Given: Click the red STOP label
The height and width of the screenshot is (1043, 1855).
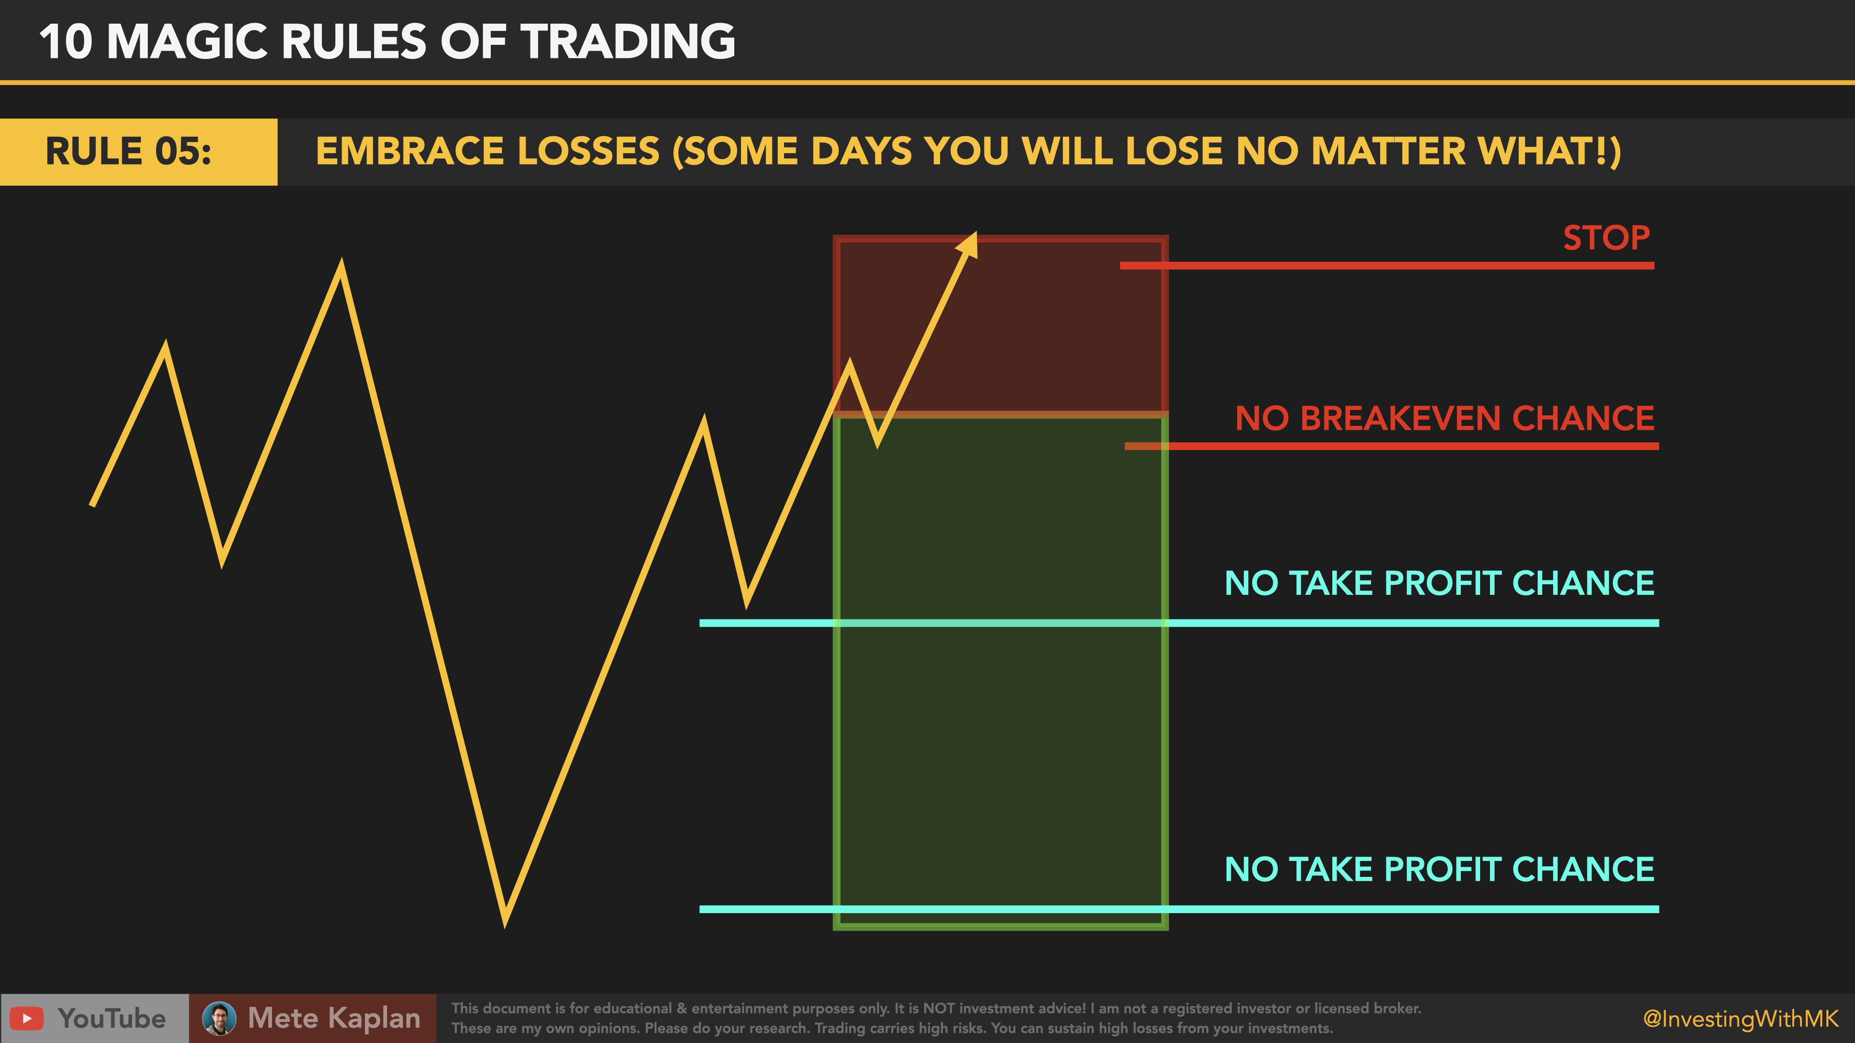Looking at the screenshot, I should (x=1606, y=238).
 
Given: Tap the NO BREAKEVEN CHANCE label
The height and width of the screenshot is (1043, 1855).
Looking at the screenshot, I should (x=1444, y=418).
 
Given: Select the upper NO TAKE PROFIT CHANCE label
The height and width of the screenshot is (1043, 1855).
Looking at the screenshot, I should (x=1439, y=583).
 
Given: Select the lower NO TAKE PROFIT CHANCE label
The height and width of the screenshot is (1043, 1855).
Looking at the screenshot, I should (x=1439, y=870).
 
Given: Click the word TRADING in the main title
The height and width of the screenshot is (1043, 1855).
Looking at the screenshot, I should (x=628, y=41).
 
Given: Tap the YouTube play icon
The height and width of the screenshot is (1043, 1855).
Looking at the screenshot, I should (x=27, y=1018).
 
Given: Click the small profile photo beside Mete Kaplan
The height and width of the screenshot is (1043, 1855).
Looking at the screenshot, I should (x=219, y=1018).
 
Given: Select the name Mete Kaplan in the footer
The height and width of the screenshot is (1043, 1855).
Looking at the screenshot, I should (x=333, y=1018).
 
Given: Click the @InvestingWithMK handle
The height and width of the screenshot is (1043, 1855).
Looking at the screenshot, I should (x=1740, y=1018).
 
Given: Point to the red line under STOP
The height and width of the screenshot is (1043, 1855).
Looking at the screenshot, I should (x=1386, y=266).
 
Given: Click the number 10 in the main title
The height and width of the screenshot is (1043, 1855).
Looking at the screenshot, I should (x=66, y=41).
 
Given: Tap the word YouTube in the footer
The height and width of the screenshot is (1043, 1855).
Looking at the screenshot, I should (x=112, y=1018).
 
